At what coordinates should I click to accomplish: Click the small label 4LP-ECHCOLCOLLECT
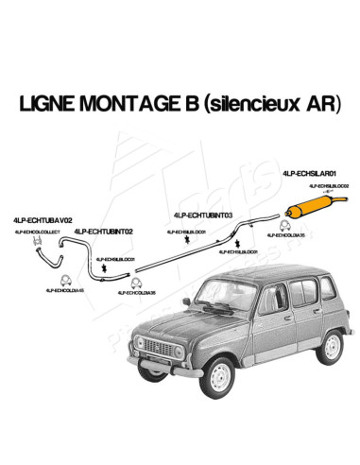[x=39, y=231]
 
